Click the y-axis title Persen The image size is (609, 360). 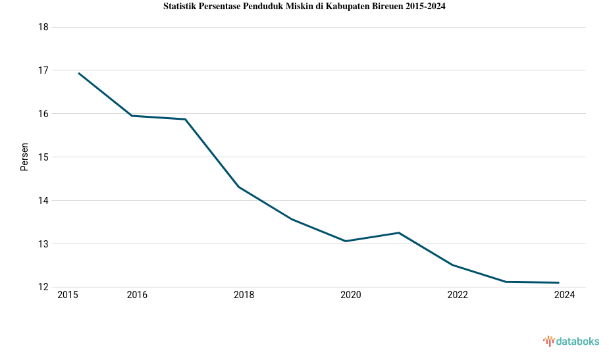(24, 157)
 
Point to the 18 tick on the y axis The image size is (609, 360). (44, 27)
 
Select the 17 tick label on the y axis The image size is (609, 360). (44, 70)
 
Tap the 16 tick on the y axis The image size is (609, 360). (44, 114)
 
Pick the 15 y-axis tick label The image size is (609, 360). (44, 157)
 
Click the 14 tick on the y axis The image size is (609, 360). (44, 201)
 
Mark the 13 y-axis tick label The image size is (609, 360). (44, 244)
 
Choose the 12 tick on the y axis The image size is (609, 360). (44, 288)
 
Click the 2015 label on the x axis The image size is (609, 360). (68, 296)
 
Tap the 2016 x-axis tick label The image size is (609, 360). (137, 296)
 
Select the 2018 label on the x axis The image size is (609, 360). (244, 296)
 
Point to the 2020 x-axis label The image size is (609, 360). (351, 296)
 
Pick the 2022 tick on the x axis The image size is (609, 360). (458, 296)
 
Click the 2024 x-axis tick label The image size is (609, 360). (564, 296)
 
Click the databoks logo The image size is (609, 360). (571, 341)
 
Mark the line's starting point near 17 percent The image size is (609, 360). (79, 73)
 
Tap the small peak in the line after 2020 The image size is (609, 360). (398, 232)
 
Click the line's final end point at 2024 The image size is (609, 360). (558, 282)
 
